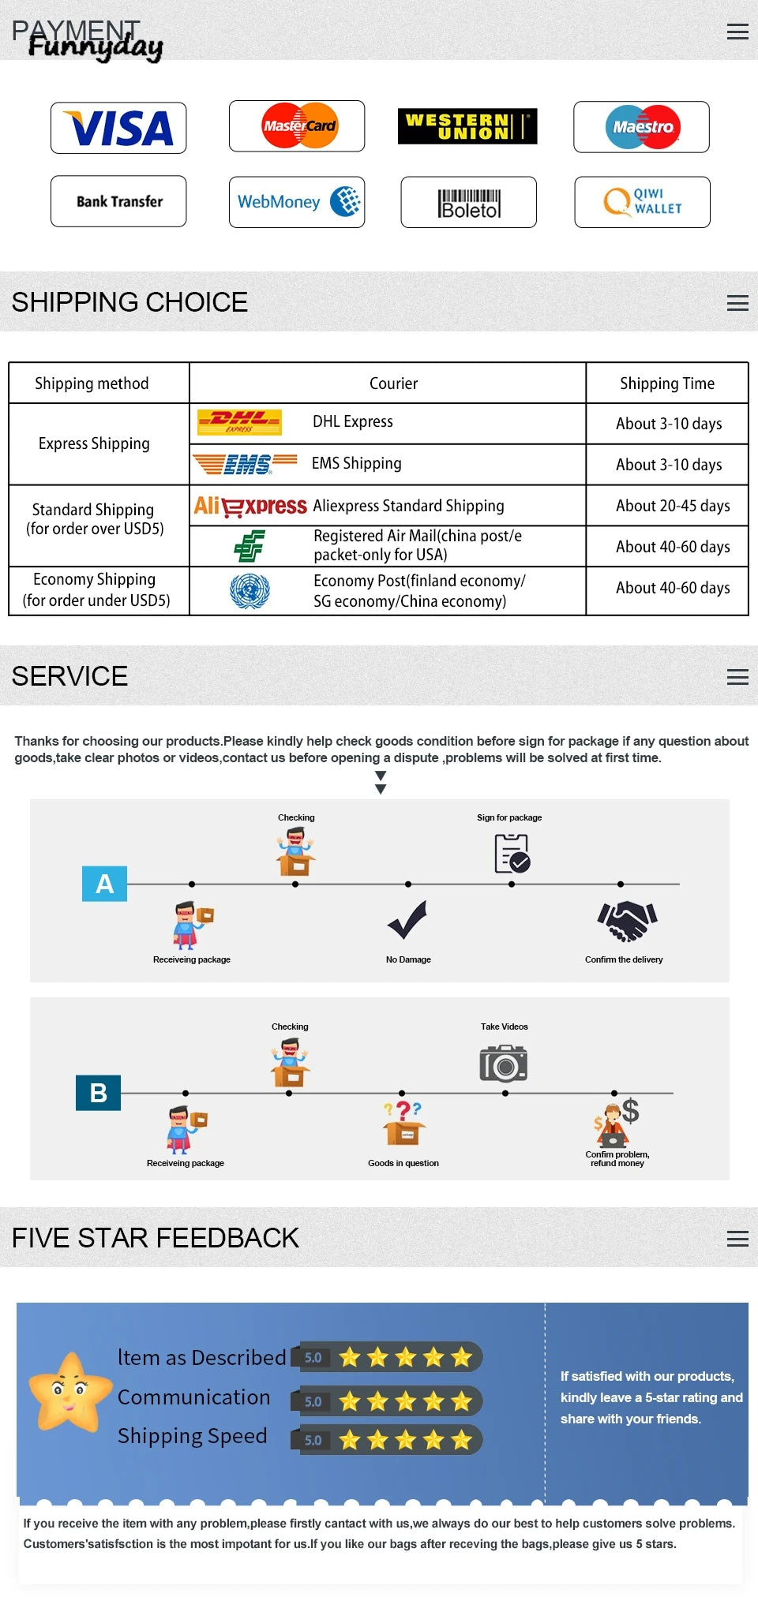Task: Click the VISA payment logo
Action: click(118, 128)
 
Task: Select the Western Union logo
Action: click(467, 126)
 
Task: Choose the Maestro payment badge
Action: click(641, 127)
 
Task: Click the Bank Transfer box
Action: click(118, 201)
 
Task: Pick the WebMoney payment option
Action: click(297, 202)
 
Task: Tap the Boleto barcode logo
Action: click(469, 203)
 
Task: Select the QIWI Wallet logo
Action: click(642, 202)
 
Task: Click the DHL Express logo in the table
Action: click(239, 423)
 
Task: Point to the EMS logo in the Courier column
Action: click(246, 464)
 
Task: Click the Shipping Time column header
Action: click(666, 383)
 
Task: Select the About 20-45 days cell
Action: click(673, 506)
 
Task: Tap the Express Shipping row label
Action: click(94, 443)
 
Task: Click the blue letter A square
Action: click(104, 884)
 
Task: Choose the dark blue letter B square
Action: click(98, 1093)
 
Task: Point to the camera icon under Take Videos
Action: click(503, 1064)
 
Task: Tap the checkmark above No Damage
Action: click(407, 920)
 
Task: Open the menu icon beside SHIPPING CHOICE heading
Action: click(737, 303)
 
